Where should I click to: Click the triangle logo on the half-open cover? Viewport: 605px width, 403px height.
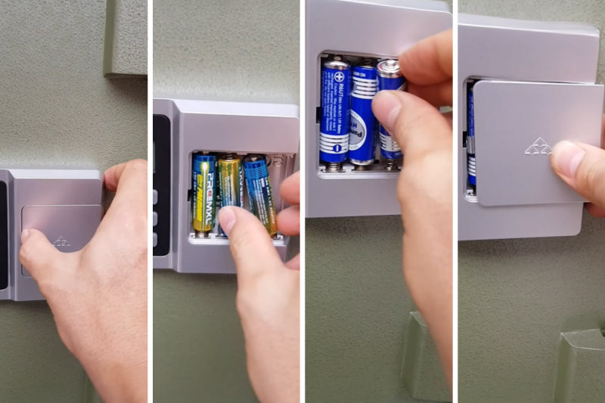pyautogui.click(x=538, y=146)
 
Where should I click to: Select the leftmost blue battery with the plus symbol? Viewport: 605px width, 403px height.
pyautogui.click(x=335, y=113)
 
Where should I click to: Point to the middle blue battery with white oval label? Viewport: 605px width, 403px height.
pyautogui.click(x=364, y=113)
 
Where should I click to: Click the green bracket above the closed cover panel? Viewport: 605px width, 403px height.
pyautogui.click(x=126, y=38)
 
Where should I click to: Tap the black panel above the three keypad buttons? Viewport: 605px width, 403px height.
pyautogui.click(x=161, y=147)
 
